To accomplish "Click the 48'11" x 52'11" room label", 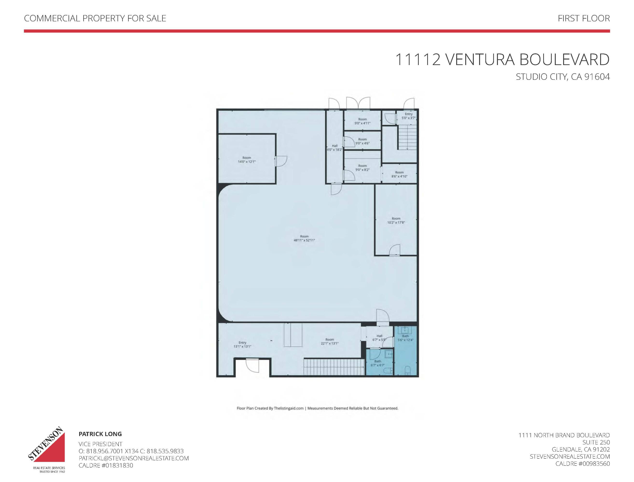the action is click(304, 238).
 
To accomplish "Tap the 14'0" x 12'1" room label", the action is click(246, 160).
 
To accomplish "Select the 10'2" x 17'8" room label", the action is click(396, 220).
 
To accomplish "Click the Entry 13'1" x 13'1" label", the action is click(243, 345).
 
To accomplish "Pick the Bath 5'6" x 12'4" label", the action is click(405, 338).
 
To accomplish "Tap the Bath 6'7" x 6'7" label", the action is click(377, 363).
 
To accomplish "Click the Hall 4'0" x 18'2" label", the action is click(335, 148).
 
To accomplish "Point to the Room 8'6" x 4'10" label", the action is click(399, 174).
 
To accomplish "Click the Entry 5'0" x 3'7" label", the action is click(409, 116).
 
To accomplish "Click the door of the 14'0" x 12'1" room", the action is click(281, 161).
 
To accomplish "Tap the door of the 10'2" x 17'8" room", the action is click(394, 250).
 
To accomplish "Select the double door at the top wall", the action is click(358, 104).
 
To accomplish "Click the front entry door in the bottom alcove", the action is click(252, 366).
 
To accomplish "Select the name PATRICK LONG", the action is click(100, 434).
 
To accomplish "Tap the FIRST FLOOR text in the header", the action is click(584, 18).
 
